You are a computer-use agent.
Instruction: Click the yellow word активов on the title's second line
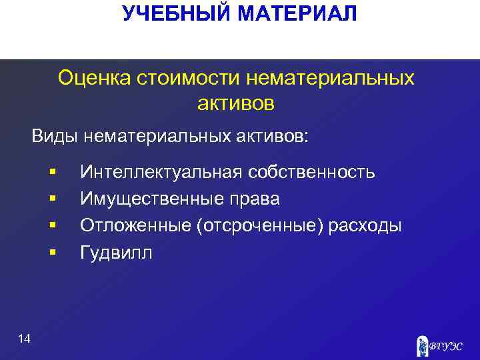tap(236, 103)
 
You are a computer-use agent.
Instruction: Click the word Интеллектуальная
tap(161, 173)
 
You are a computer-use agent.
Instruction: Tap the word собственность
tap(311, 173)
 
